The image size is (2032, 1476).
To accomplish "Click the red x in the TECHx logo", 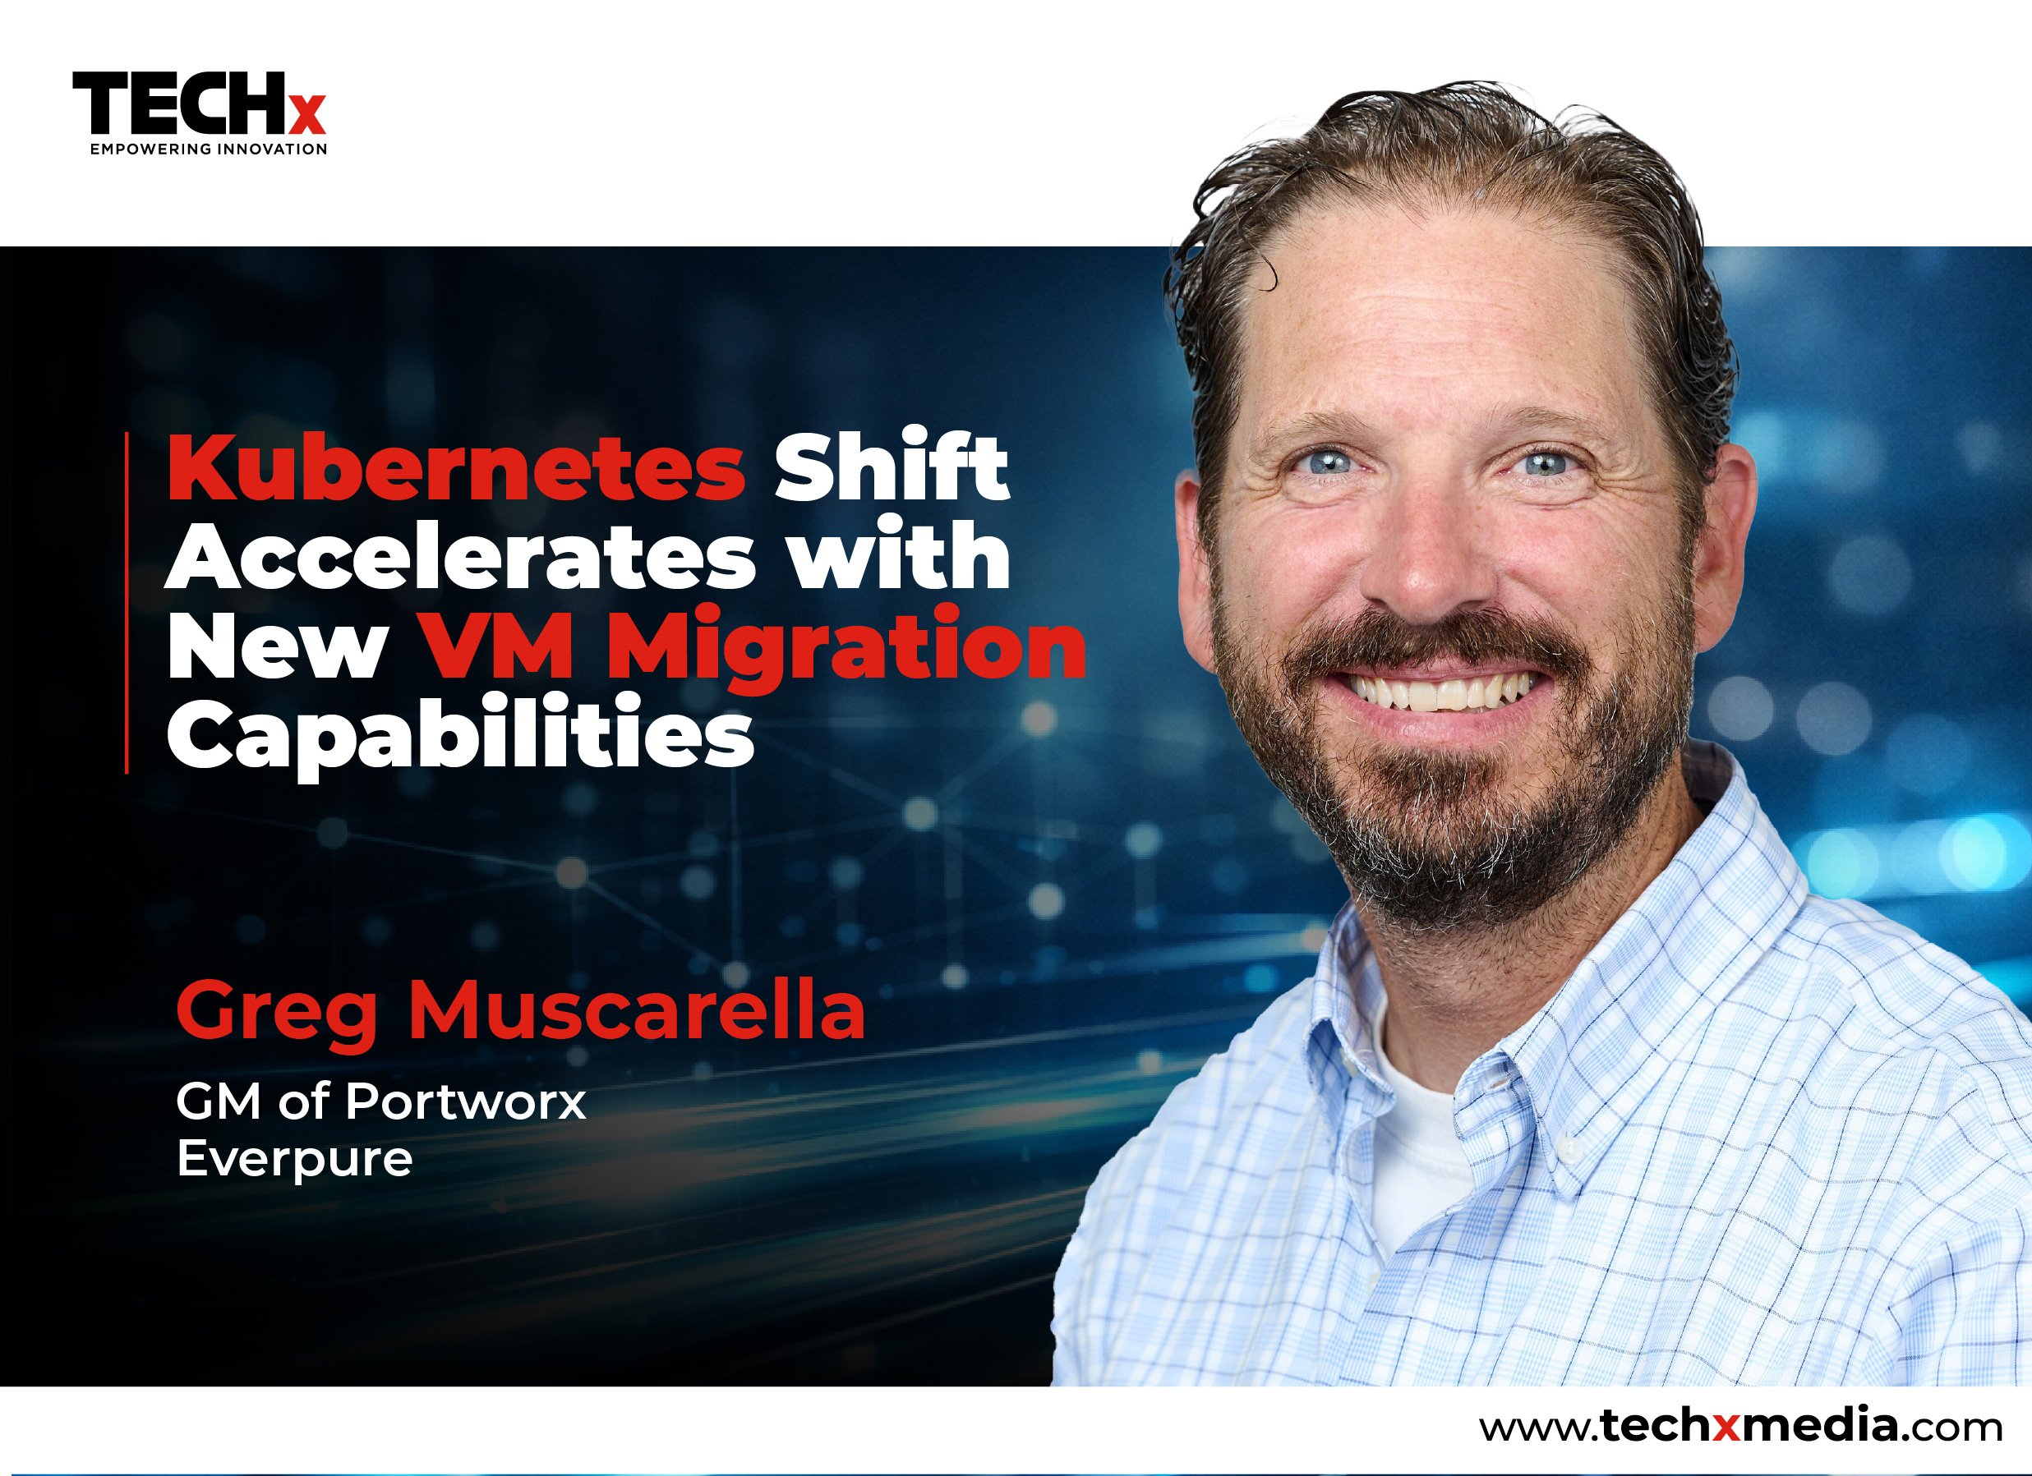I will [x=306, y=115].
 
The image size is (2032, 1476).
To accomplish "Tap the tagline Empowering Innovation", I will [x=208, y=149].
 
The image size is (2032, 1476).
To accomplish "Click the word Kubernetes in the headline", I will [x=456, y=468].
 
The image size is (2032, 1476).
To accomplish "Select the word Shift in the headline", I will [x=891, y=466].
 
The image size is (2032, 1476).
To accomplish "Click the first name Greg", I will [x=277, y=1012].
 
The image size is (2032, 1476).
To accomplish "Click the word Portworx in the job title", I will [x=465, y=1101].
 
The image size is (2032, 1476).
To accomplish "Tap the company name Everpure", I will [x=295, y=1159].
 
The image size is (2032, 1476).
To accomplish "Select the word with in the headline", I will [x=899, y=557].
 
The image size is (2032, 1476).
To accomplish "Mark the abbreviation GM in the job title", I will [x=218, y=1101].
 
